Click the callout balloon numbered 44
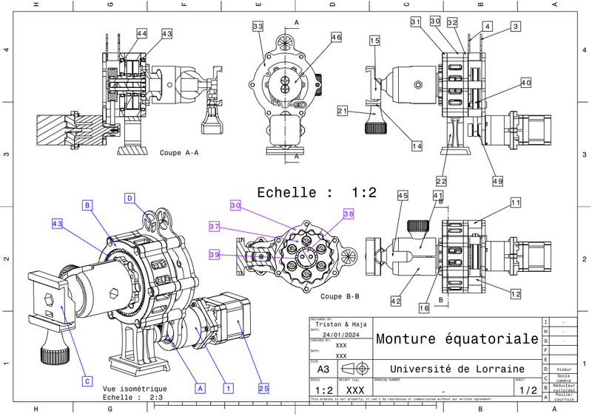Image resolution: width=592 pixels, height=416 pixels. tap(141, 34)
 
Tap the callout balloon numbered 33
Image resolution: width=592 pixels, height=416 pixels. tap(258, 27)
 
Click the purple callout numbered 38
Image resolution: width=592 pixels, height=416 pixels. tap(349, 214)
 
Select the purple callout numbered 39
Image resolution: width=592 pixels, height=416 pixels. tap(215, 253)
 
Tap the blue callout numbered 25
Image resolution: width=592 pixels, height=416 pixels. tap(263, 386)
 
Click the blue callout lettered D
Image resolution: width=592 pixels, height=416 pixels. tap(129, 198)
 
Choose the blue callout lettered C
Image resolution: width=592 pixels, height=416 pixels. tap(87, 381)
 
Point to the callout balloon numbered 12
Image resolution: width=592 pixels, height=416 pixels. tap(516, 295)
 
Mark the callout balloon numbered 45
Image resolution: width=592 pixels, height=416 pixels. tap(403, 196)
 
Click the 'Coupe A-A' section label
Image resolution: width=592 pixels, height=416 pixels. tap(179, 153)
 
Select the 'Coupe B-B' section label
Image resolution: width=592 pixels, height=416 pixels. tap(340, 296)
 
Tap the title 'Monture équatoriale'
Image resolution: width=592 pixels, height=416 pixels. tap(457, 340)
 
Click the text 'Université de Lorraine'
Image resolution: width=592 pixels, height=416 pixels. tap(457, 369)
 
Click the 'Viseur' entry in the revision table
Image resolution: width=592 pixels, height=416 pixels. tap(565, 368)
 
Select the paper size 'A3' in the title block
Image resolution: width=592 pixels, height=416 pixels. tap(323, 369)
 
